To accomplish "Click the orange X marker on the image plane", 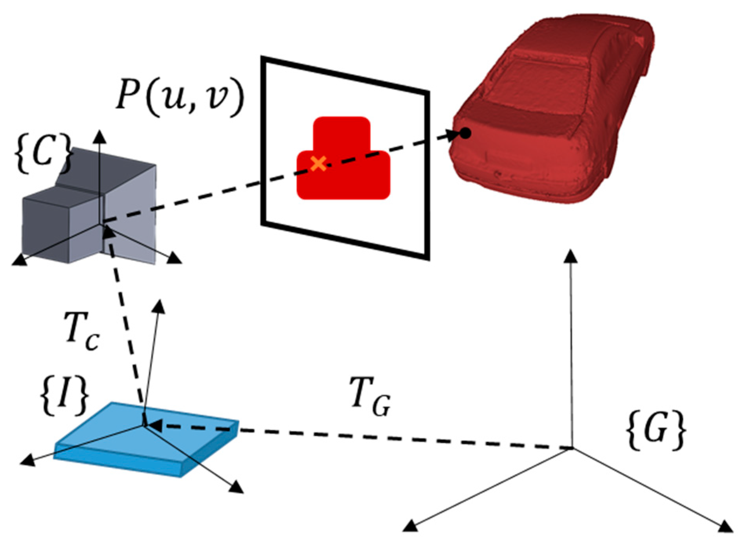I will pyautogui.click(x=318, y=163).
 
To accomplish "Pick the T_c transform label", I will pyautogui.click(x=82, y=336).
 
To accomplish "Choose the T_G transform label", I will pyautogui.click(x=370, y=400).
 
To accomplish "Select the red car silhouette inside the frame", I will pyautogui.click(x=343, y=165).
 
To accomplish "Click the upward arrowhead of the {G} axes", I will pyautogui.click(x=572, y=256).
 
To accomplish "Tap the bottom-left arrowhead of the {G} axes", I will pyautogui.click(x=410, y=526).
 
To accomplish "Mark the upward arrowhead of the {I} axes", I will pyautogui.click(x=159, y=307).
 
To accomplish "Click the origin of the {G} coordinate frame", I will pyautogui.click(x=572, y=448).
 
